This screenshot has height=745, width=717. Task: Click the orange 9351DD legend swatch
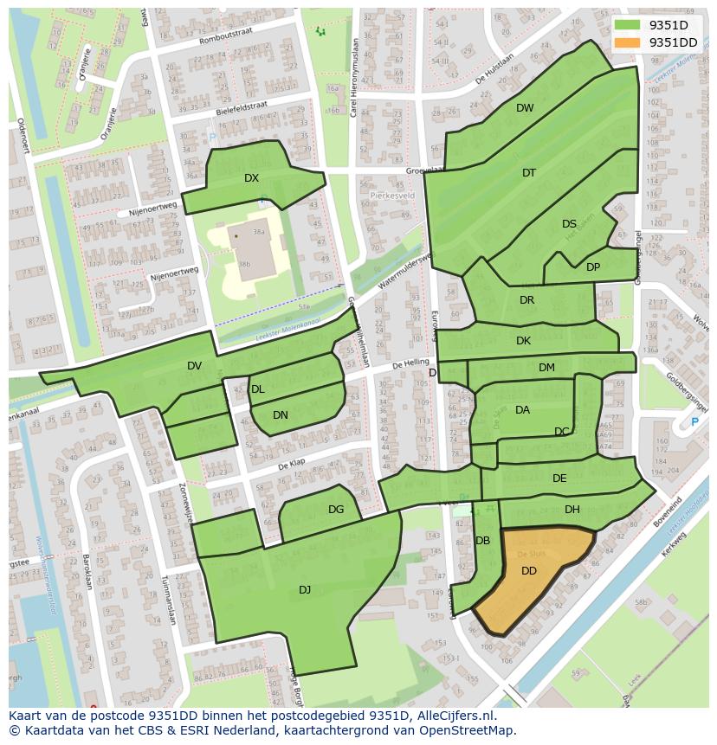629,42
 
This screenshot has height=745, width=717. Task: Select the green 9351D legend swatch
629,25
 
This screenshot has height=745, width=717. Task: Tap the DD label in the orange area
529,571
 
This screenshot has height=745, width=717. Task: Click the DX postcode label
251,178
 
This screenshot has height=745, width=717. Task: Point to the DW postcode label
525,108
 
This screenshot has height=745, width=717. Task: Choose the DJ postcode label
305,590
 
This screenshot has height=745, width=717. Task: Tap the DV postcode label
194,366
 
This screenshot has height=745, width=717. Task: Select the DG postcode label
336,510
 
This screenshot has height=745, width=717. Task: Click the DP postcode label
593,267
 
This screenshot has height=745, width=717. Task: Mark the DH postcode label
572,510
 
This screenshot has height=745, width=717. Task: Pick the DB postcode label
483,541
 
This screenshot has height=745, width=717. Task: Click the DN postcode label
281,415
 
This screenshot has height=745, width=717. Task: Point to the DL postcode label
258,389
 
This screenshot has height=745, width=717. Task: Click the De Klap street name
293,466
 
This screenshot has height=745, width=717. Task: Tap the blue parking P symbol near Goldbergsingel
694,422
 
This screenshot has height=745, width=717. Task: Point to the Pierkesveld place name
392,196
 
